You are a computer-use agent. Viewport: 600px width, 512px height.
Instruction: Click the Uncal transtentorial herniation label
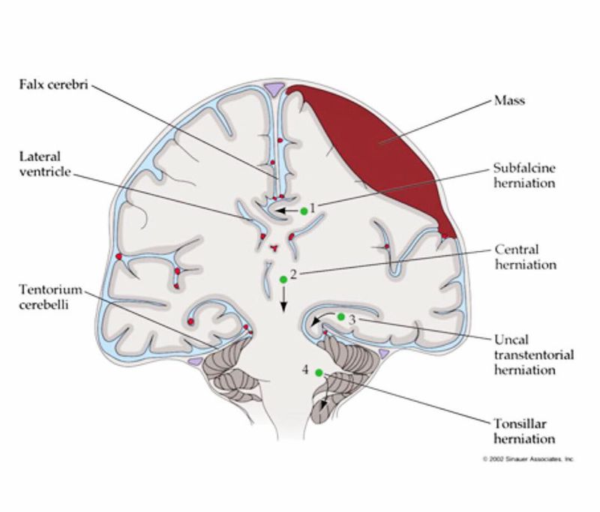[x=535, y=355]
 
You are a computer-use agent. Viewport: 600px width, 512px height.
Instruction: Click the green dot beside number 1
[x=304, y=211]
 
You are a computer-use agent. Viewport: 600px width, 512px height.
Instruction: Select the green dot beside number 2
[x=283, y=280]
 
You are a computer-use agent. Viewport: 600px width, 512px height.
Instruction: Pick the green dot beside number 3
[x=340, y=317]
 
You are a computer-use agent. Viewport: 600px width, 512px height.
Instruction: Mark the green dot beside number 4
[x=319, y=373]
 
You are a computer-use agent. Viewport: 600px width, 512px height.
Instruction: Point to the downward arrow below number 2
[x=283, y=301]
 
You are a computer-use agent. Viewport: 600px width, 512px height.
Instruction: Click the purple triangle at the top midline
[x=276, y=88]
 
